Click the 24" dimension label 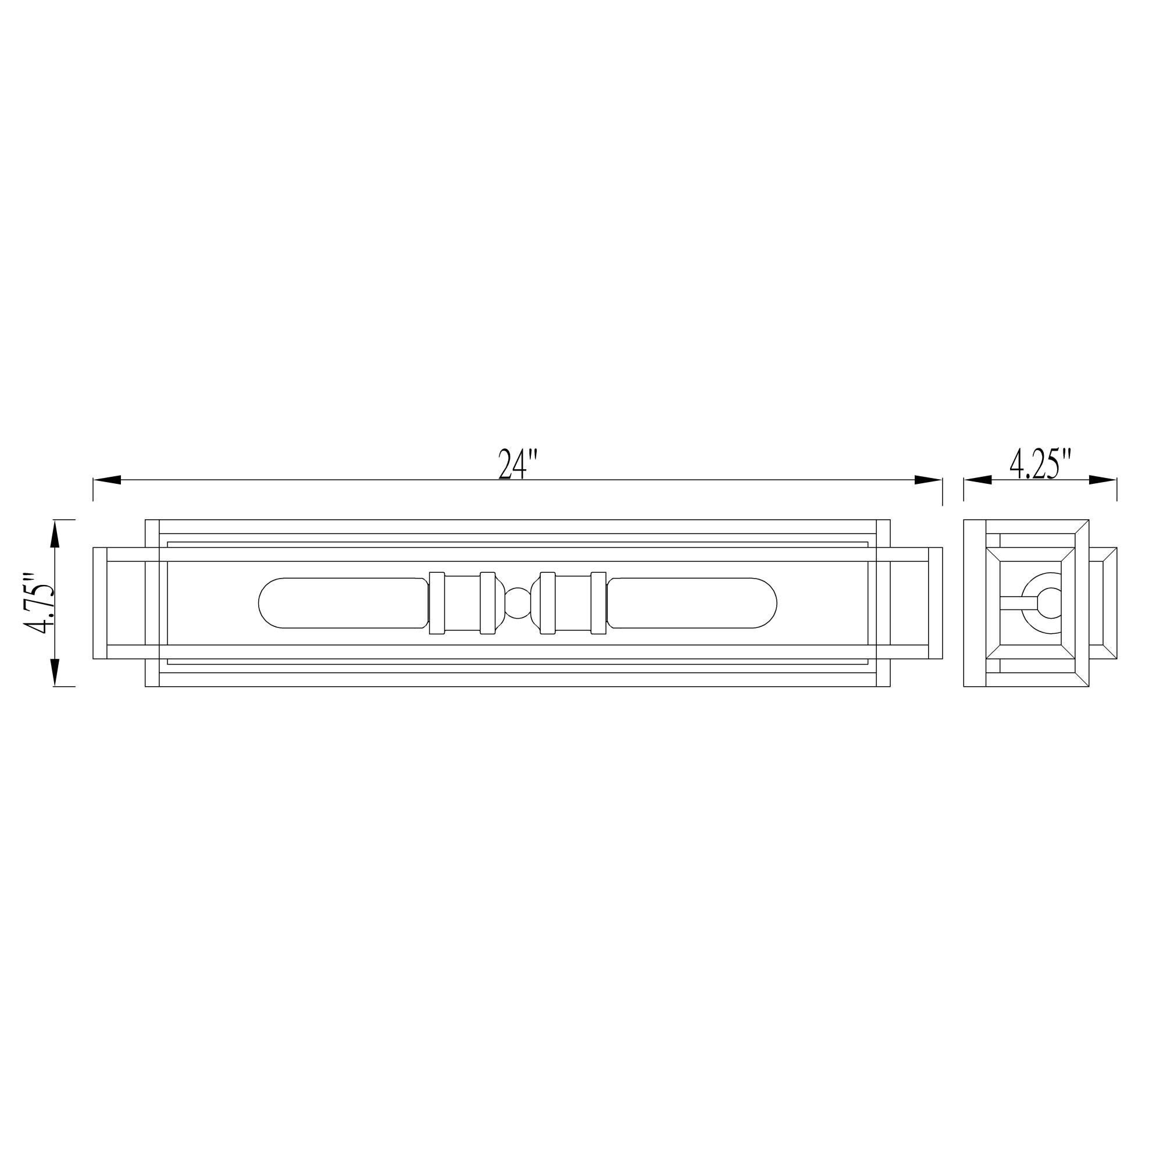[x=516, y=465]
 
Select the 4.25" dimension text [x=1041, y=464]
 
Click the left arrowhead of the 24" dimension [x=108, y=480]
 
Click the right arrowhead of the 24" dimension [x=927, y=480]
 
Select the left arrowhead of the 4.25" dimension [x=978, y=480]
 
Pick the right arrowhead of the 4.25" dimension [x=1103, y=480]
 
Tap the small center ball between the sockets [x=518, y=602]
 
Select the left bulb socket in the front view [x=462, y=602]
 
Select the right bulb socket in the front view [x=573, y=602]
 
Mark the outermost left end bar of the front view [x=100, y=602]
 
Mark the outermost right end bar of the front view [x=936, y=602]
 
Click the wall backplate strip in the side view [x=975, y=602]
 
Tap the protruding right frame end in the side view [x=1103, y=602]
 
